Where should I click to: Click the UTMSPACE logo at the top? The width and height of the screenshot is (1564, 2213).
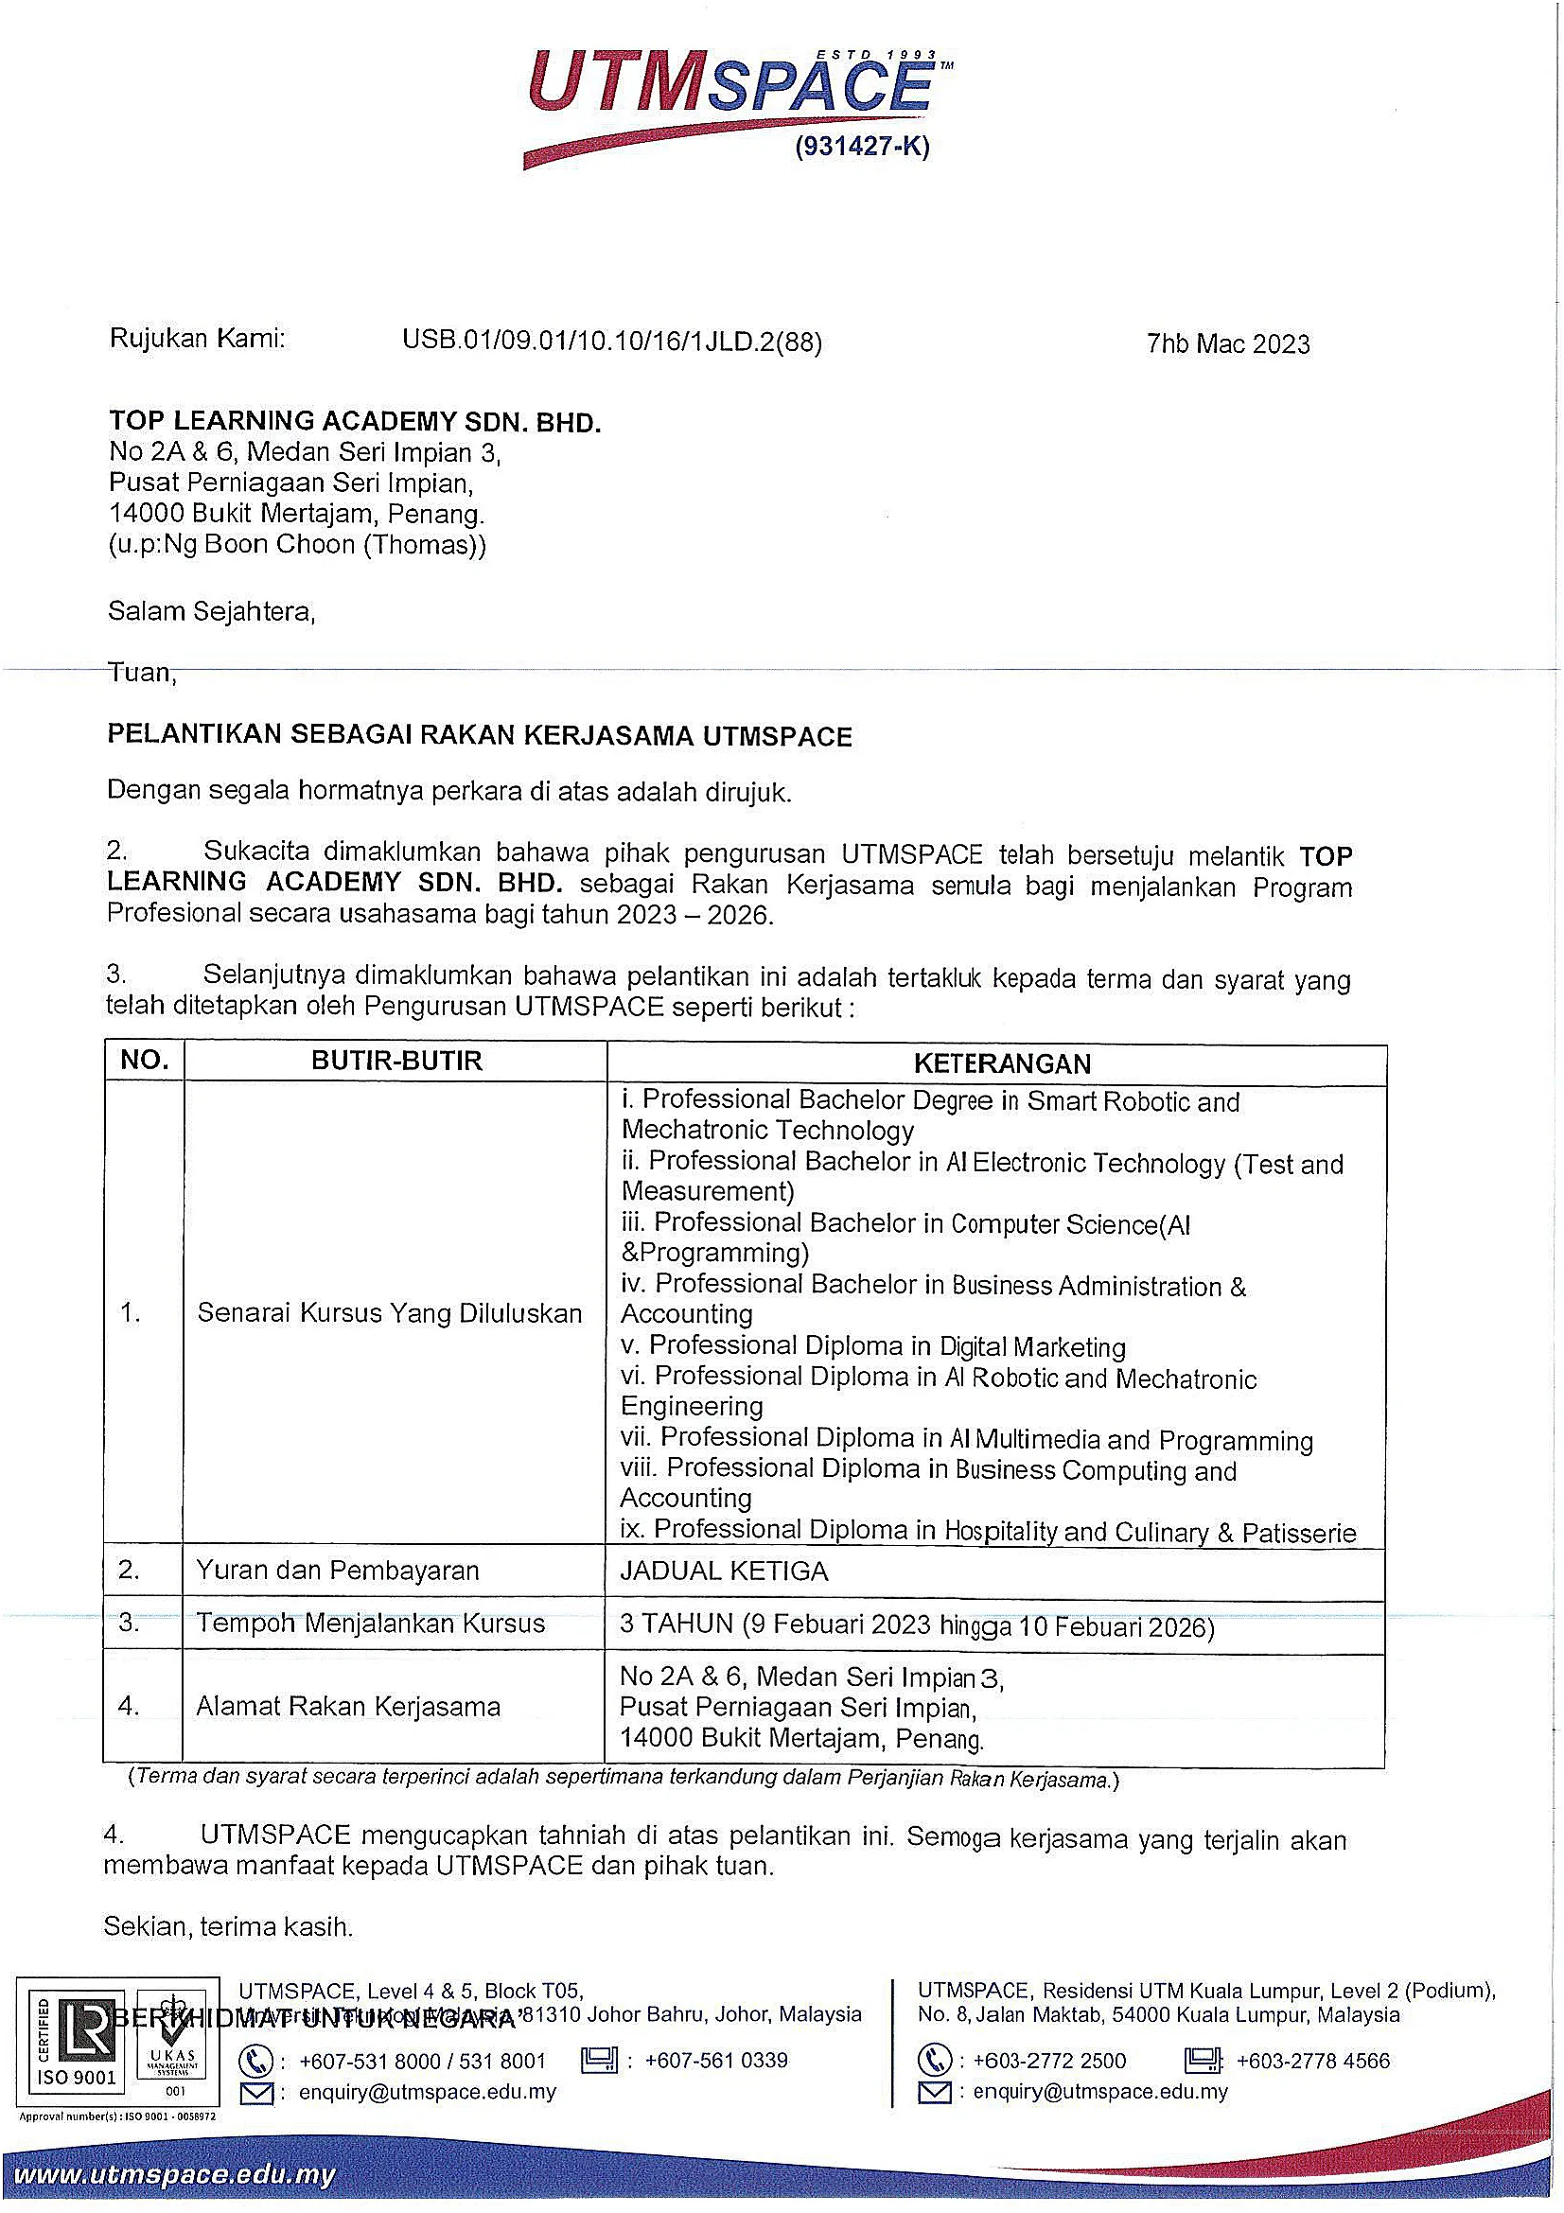pos(732,92)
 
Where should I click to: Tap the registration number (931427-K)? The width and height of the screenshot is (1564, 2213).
pos(862,148)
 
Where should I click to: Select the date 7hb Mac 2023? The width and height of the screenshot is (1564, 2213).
pos(1228,344)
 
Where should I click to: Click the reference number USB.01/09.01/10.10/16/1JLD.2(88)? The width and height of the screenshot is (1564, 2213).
pos(612,342)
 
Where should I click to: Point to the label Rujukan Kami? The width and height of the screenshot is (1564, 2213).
pos(198,339)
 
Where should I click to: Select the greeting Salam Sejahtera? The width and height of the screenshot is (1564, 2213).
pos(211,611)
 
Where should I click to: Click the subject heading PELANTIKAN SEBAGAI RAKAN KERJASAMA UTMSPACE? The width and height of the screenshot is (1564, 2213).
pos(479,736)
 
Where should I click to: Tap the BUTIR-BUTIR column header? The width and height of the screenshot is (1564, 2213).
pos(396,1062)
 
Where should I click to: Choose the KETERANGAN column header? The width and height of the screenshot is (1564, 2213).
pos(1002,1063)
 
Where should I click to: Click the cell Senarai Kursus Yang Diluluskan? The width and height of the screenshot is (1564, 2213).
pos(389,1313)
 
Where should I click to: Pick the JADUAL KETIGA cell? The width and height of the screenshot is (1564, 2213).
pos(724,1572)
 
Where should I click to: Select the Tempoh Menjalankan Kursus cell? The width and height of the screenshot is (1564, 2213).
pos(371,1624)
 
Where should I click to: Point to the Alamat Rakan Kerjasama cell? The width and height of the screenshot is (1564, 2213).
pos(348,1707)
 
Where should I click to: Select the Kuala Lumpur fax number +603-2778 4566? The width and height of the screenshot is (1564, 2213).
pos(1312,2061)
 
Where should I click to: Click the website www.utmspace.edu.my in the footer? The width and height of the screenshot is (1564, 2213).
pos(174,2175)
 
